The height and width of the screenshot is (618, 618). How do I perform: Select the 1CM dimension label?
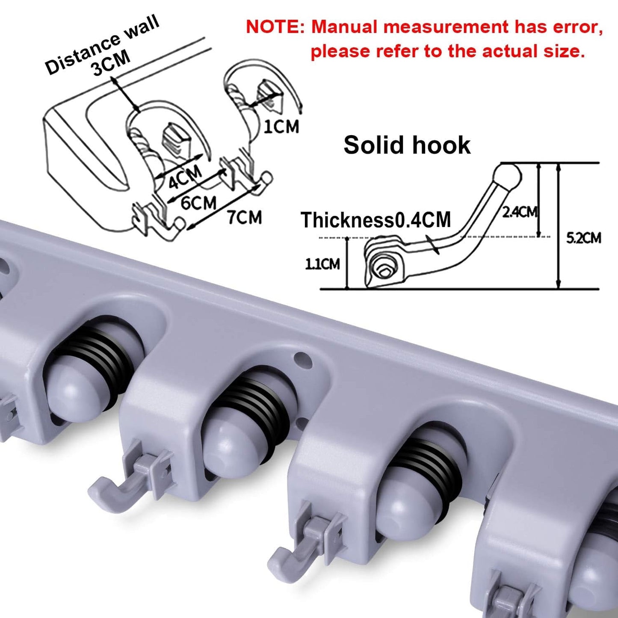[x=281, y=126]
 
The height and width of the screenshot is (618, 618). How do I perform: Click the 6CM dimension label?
[x=198, y=202]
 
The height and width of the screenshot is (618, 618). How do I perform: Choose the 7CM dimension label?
[x=245, y=217]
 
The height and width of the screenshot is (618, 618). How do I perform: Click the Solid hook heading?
[x=407, y=145]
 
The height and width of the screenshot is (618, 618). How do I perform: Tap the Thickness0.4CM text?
[x=376, y=220]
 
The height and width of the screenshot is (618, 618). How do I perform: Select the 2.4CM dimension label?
[x=519, y=212]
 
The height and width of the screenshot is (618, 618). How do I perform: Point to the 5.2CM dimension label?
[x=583, y=238]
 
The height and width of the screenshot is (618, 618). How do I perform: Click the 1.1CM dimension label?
[x=322, y=264]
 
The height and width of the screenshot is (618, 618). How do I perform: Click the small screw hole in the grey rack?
[x=303, y=360]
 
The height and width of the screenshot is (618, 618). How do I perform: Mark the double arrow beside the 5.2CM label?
[x=559, y=226]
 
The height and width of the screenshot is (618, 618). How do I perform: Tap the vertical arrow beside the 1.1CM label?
[x=347, y=263]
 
